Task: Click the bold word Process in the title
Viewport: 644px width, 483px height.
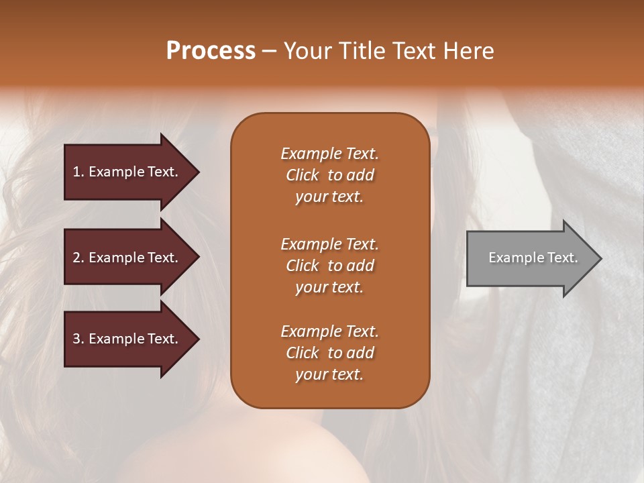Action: click(x=211, y=51)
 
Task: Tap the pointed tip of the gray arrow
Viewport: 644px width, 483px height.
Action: click(x=599, y=258)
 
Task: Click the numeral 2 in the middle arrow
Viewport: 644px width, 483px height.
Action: click(x=76, y=258)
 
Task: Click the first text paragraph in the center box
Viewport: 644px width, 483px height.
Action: click(x=329, y=175)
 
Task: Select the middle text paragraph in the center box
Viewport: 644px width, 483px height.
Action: click(x=329, y=266)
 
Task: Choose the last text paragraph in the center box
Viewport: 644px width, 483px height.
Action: click(x=329, y=353)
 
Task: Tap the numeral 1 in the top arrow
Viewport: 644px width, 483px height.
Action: click(x=76, y=172)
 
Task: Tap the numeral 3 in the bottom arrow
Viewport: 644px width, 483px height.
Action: click(x=76, y=339)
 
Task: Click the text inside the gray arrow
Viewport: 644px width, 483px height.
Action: click(x=533, y=258)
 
